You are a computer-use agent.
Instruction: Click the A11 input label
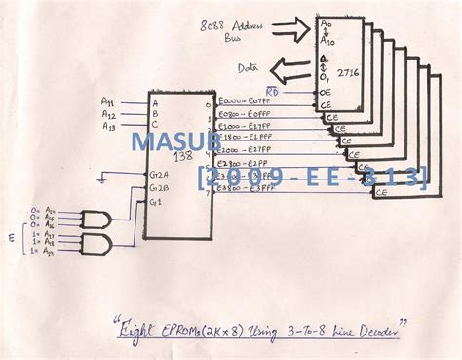(107, 101)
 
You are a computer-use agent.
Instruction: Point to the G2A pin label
(158, 174)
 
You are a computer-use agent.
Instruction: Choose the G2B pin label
(158, 186)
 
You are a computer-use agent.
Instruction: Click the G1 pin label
(156, 200)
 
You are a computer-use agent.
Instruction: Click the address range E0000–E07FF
(246, 101)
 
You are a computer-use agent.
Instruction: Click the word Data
(250, 68)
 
